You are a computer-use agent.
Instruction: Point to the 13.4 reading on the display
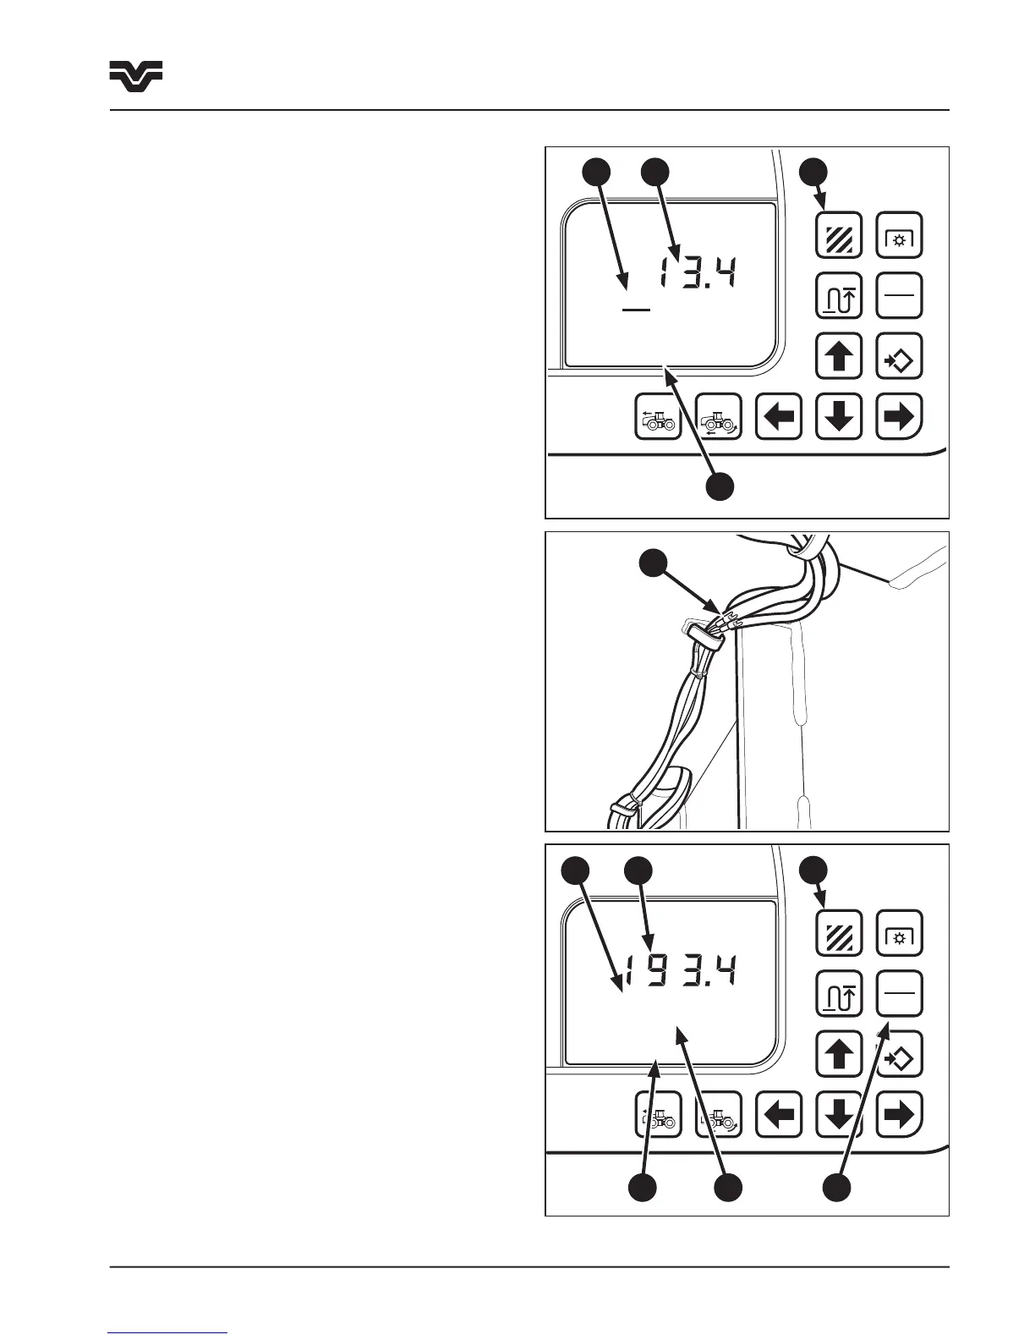698,275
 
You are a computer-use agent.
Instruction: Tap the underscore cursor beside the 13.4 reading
636,310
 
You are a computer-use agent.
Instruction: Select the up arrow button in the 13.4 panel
838,356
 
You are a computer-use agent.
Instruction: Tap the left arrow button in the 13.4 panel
778,416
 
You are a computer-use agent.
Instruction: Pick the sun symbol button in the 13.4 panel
899,235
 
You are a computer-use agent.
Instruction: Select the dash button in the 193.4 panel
899,993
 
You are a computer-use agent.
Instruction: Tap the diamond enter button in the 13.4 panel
899,356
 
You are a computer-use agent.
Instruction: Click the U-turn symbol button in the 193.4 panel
838,993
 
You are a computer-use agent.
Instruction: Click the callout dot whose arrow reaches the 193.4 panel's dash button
837,1186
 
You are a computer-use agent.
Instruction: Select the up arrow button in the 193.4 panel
838,1054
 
